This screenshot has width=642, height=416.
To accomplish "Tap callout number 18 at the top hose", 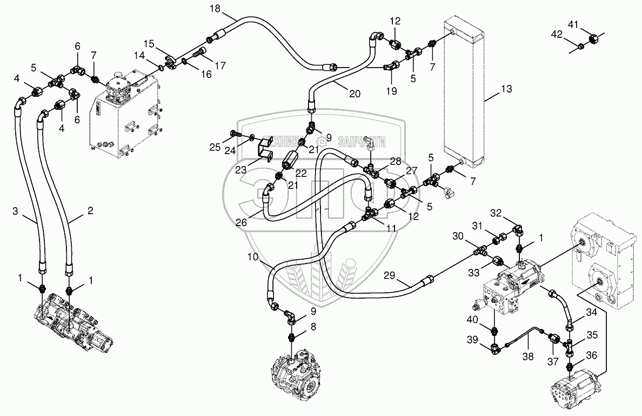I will click(215, 8).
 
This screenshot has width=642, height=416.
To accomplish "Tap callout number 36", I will click(592, 355).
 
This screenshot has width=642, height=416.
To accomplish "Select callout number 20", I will click(355, 93).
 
